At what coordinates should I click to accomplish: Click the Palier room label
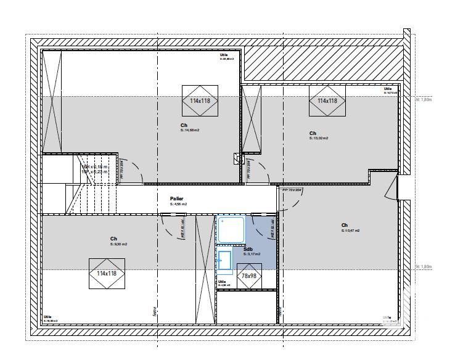click(177, 199)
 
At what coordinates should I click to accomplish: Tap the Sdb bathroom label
click(248, 249)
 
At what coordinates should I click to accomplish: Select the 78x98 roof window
click(249, 276)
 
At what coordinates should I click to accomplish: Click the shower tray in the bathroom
click(231, 229)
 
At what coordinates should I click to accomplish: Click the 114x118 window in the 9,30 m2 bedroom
click(107, 274)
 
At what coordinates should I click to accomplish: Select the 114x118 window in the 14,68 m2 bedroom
click(200, 100)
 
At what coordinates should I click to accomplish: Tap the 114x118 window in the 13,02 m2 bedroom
click(327, 100)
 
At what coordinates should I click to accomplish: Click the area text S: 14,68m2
click(190, 130)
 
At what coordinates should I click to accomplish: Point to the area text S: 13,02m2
click(319, 139)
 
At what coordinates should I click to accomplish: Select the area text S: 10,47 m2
click(350, 231)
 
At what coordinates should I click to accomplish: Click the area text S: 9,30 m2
click(118, 244)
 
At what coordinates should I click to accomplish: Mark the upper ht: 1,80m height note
click(424, 99)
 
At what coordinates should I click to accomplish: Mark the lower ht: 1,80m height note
click(424, 266)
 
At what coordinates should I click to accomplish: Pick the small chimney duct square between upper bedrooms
click(238, 158)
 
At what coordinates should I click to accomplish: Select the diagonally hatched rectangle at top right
click(324, 62)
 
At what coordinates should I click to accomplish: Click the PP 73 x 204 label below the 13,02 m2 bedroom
click(292, 190)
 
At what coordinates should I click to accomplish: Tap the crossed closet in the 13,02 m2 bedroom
click(251, 118)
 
